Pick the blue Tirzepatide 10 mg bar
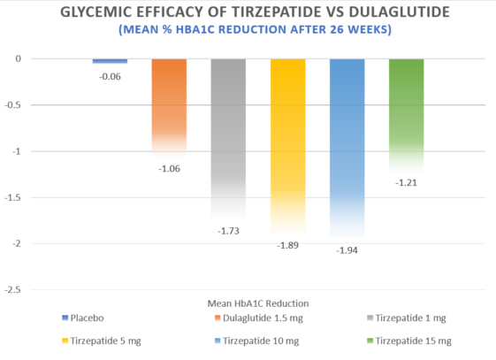(x=347, y=146)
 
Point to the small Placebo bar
(x=110, y=61)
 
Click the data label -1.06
(x=169, y=168)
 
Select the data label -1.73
(x=228, y=231)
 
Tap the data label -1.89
(x=287, y=245)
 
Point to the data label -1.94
(x=347, y=250)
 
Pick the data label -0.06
(x=110, y=76)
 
